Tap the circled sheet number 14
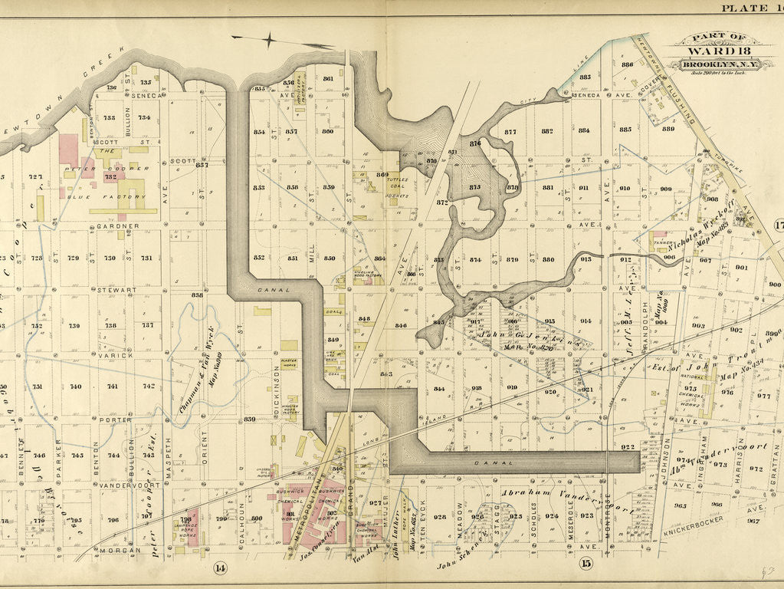pos(221,568)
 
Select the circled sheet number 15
pos(586,565)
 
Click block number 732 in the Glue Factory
pos(110,177)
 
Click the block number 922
pos(628,446)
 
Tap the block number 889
pos(668,128)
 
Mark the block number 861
pos(328,79)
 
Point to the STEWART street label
pos(116,291)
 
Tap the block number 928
pos(440,517)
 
